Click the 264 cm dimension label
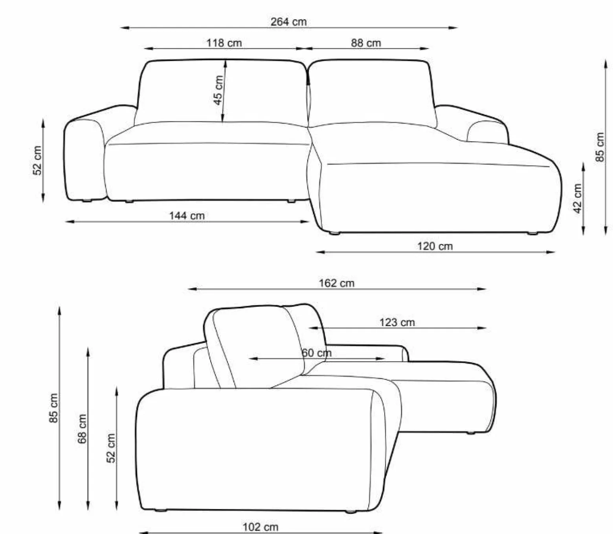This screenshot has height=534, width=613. coord(288,22)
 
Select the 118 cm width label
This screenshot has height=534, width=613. coord(224,43)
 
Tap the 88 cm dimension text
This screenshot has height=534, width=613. coord(366,43)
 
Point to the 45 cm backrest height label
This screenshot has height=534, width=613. coord(218,90)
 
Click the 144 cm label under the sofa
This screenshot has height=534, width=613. coord(187,215)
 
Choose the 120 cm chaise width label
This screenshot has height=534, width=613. coord(435,246)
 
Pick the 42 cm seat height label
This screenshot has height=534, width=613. coord(578,199)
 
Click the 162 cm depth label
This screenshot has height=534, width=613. coord(336,283)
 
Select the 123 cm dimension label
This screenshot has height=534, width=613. coord(397,322)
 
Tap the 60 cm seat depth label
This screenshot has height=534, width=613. coord(317,353)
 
